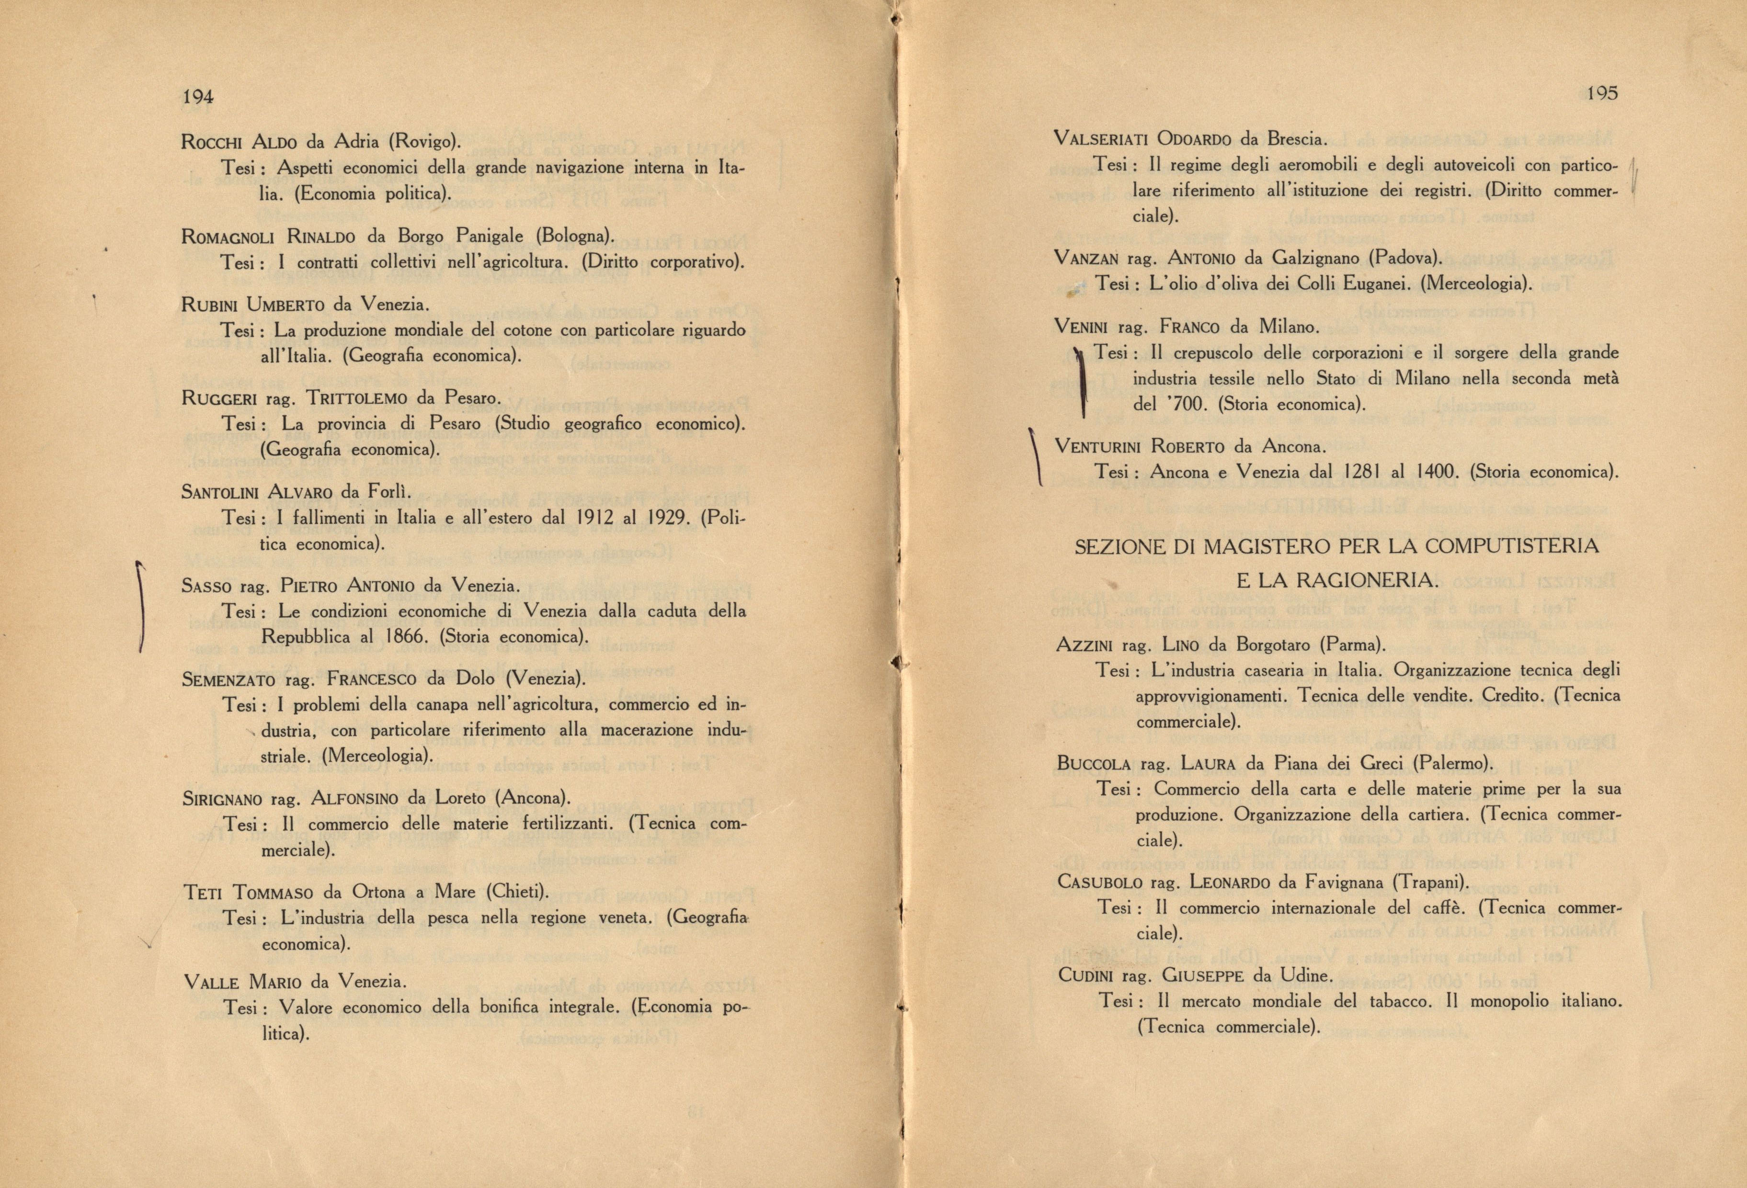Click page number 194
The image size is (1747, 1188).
coord(198,96)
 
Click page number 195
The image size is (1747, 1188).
coord(1601,93)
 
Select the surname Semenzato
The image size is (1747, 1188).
coord(228,680)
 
